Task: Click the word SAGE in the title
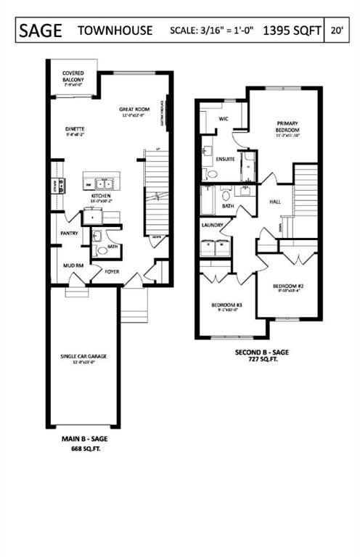(41, 30)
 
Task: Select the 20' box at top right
(336, 30)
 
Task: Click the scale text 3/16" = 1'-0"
(221, 31)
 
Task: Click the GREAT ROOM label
(134, 110)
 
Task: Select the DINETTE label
(75, 129)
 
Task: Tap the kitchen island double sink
(102, 183)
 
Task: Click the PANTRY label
(69, 234)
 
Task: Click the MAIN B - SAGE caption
(83, 440)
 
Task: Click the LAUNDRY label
(212, 225)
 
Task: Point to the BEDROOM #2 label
(287, 286)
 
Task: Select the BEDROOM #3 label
(226, 305)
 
